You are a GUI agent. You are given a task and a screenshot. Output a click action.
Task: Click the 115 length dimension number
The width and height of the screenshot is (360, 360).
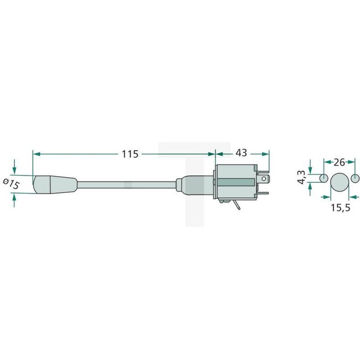click(x=130, y=154)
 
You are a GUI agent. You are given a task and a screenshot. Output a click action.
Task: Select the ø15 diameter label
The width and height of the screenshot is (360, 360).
click(x=11, y=183)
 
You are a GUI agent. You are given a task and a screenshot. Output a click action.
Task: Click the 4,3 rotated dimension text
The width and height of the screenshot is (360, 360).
click(x=302, y=177)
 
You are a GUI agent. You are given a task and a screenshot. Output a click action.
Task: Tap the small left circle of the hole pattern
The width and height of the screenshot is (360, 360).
click(x=323, y=178)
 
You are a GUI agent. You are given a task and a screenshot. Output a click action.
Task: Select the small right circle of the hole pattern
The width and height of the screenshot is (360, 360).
click(x=355, y=178)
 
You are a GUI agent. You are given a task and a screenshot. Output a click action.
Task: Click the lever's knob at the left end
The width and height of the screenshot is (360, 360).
click(x=54, y=184)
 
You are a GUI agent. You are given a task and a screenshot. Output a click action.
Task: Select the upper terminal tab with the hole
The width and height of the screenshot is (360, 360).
click(x=263, y=179)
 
